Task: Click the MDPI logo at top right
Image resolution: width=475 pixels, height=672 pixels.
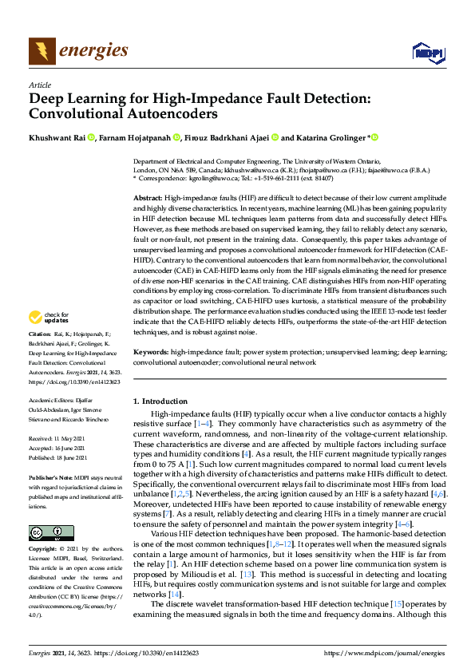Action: coord(427,53)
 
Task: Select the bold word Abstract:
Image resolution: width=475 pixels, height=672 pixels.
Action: coord(148,196)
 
